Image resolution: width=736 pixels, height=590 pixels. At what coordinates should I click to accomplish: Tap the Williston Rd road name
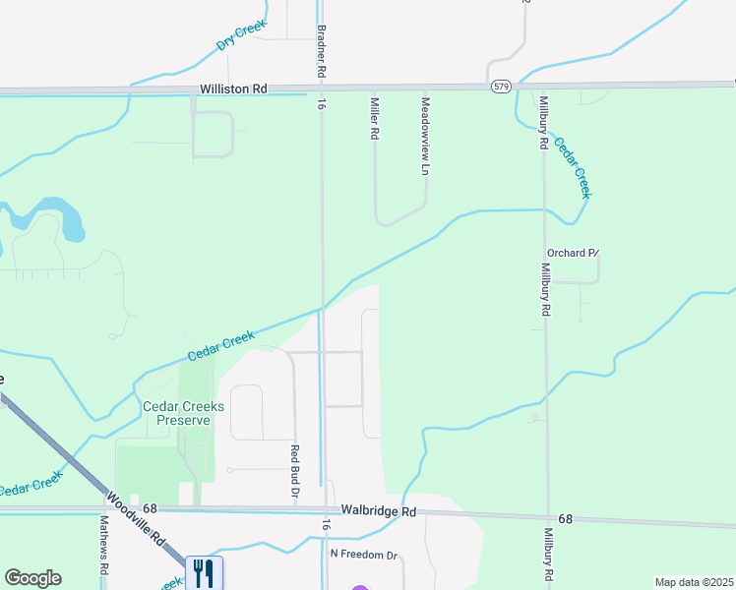pos(233,88)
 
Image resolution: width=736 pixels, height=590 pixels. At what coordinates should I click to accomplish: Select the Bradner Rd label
pos(321,52)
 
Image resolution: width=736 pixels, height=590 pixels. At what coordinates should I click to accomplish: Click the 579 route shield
pos(501,88)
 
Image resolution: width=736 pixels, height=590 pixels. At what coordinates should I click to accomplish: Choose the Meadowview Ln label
pos(426,136)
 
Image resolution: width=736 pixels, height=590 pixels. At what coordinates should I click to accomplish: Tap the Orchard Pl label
pos(573,253)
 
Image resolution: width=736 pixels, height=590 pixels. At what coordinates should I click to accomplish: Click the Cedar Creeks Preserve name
pos(184,413)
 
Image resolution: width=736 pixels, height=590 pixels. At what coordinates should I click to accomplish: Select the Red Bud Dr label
pos(294,470)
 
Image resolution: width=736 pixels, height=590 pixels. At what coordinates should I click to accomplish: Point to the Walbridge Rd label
pos(379,511)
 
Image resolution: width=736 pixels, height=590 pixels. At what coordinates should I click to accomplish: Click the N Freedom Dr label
pos(363,556)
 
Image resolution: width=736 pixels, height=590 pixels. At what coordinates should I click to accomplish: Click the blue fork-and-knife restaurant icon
pos(204,572)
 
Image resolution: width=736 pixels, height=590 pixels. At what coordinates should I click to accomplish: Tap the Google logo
pos(32,578)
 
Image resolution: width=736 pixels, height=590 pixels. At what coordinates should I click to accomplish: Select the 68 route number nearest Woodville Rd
pos(150,508)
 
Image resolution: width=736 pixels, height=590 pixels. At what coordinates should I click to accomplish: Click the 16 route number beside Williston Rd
pos(321,102)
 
